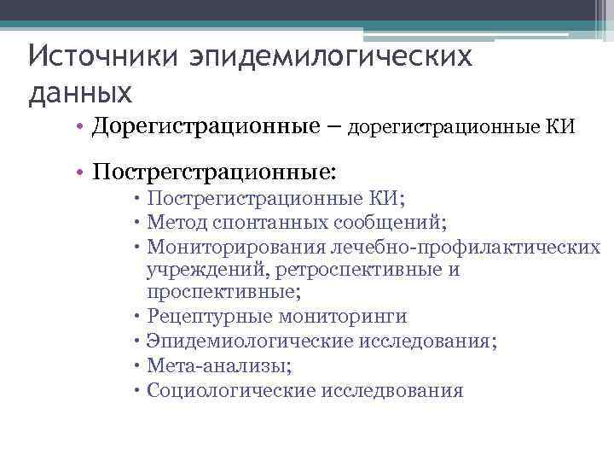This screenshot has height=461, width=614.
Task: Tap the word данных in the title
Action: [80, 91]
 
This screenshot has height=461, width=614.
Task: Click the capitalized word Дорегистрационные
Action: [204, 127]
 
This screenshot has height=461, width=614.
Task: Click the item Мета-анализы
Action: [219, 365]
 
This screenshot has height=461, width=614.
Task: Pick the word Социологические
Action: [231, 390]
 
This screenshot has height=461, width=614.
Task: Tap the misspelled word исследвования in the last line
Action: [393, 390]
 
